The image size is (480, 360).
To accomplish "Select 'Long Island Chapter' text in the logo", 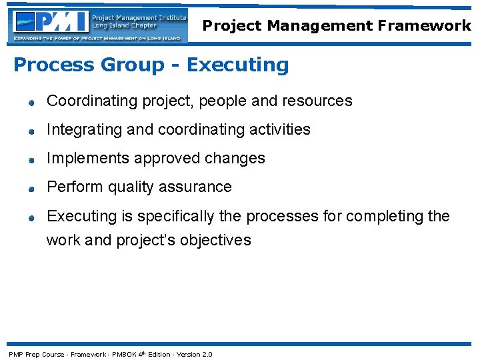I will [x=124, y=26].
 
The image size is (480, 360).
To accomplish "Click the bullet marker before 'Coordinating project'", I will [x=31, y=103].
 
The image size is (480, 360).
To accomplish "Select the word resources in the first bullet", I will [x=317, y=101].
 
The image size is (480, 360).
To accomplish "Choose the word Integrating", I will [x=84, y=129].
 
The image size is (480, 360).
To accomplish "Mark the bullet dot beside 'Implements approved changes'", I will [x=31, y=160].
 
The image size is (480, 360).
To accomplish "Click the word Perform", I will [x=73, y=187].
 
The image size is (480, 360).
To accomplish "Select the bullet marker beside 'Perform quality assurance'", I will [x=31, y=189].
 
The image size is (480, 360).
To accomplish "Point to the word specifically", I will [x=172, y=217].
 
